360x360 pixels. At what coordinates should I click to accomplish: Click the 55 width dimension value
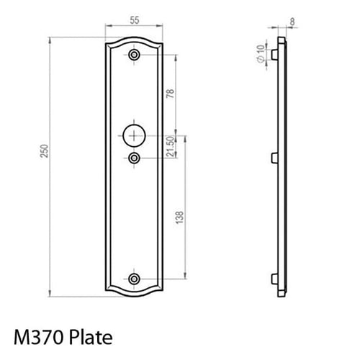click(x=135, y=22)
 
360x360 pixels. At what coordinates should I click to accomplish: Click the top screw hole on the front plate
click(x=135, y=55)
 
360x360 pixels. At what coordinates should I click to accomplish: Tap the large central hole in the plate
click(x=135, y=134)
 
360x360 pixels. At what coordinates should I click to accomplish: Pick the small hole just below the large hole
click(x=135, y=157)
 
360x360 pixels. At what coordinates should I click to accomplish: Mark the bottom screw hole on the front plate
click(x=135, y=279)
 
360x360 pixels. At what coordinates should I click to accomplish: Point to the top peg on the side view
click(x=274, y=53)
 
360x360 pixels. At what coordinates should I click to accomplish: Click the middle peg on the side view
click(x=274, y=157)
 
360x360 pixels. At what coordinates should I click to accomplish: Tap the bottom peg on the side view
click(x=274, y=279)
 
